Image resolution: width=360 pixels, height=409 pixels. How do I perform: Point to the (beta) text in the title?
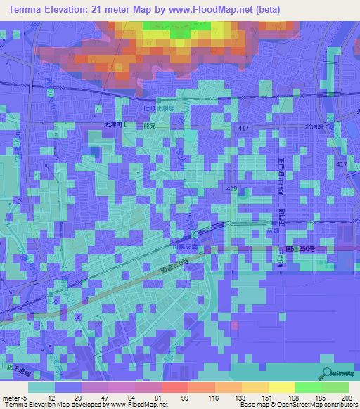(x=266, y=10)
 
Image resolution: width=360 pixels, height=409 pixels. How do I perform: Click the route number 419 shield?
(x=232, y=189)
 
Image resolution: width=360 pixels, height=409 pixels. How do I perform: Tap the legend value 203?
(x=344, y=397)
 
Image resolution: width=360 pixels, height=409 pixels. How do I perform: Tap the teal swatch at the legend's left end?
(x=41, y=387)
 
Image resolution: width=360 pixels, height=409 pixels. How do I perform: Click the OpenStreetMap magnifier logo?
(x=326, y=373)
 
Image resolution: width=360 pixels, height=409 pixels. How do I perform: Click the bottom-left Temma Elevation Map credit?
(x=84, y=405)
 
